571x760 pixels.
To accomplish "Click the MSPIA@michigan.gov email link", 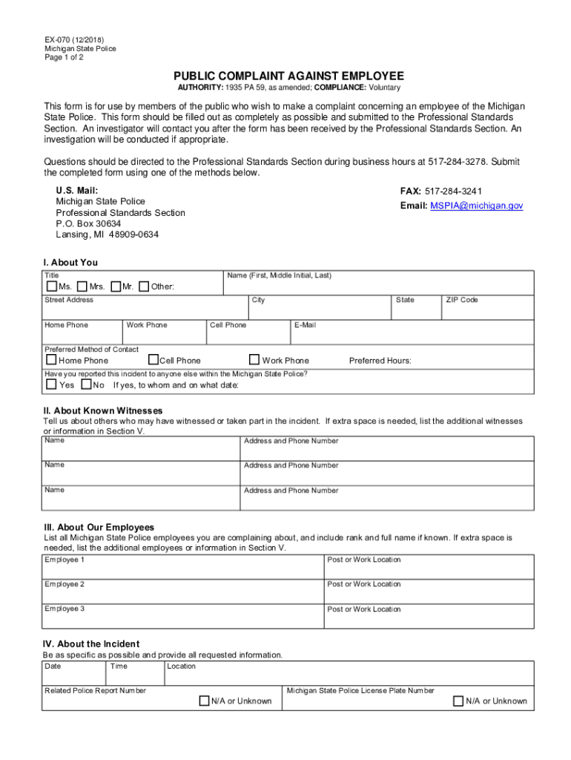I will (476, 206).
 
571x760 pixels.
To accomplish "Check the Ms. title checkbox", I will (51, 286).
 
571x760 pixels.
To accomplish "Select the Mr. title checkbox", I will (116, 286).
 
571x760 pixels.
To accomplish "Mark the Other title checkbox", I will (144, 286).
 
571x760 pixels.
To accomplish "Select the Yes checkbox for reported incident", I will (51, 384).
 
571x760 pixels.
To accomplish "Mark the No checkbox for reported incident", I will (86, 384).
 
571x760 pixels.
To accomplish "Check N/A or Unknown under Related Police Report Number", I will (204, 701).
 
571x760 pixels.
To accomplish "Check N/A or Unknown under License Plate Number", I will (459, 701).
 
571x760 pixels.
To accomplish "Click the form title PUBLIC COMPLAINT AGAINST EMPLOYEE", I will (288, 76).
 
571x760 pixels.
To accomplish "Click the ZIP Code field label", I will (461, 300).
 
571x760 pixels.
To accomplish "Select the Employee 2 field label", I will (65, 584).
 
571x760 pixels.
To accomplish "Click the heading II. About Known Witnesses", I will (103, 410).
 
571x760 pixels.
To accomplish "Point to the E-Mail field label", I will (305, 325).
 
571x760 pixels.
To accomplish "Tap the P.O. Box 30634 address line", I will (88, 223).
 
